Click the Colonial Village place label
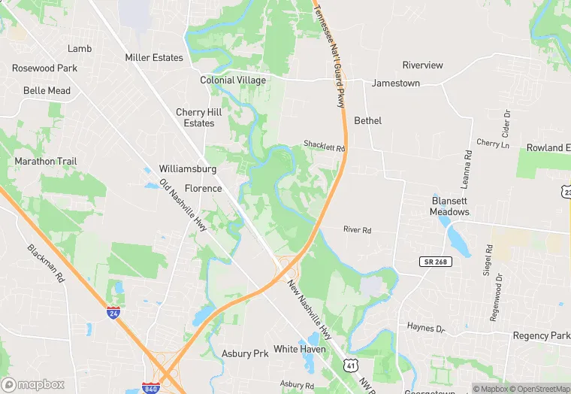point(233,80)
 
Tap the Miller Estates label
point(154,58)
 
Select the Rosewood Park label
point(44,68)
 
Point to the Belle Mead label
point(47,91)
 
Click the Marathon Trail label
point(46,162)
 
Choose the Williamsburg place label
point(188,169)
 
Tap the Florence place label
point(204,188)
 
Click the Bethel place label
point(367,121)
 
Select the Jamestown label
point(396,83)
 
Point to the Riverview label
point(423,65)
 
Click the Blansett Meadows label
point(450,206)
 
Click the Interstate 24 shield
point(113,313)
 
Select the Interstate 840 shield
point(150,388)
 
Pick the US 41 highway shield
point(350,365)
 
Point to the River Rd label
point(357,229)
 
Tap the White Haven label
point(300,350)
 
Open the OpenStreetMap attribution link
point(539,389)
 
